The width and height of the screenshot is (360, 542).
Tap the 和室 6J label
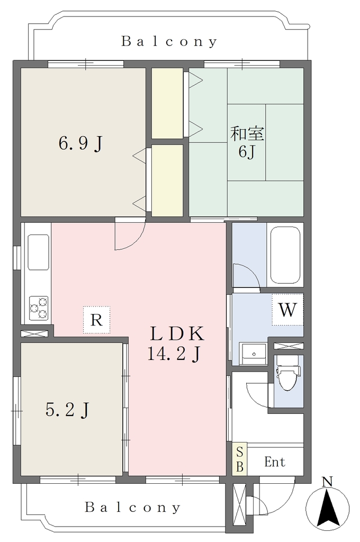(247, 142)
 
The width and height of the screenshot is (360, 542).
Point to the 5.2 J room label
(67, 410)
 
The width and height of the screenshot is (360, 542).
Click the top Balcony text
(169, 41)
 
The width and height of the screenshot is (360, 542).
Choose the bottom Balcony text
(133, 508)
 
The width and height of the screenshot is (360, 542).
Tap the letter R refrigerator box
(96, 320)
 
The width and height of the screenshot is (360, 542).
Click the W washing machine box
(287, 309)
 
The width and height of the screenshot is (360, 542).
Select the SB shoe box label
(239, 459)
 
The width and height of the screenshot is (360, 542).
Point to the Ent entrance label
(275, 462)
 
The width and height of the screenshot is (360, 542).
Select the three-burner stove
(39, 308)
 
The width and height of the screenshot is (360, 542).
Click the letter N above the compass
(327, 482)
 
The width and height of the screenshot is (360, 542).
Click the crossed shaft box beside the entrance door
(239, 504)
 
